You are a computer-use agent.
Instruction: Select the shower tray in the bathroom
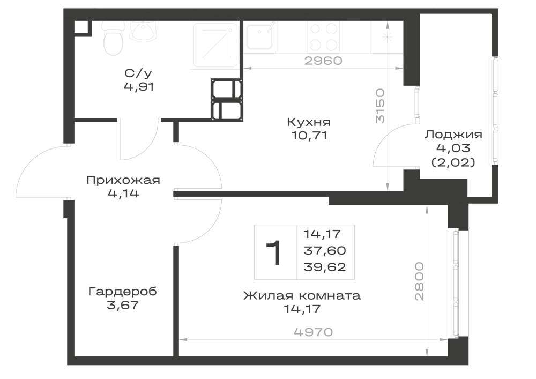[x=215, y=46]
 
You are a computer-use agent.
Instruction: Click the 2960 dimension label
[x=323, y=61]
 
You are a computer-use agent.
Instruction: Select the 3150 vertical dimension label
[x=380, y=106]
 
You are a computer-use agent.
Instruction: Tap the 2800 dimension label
[x=419, y=281]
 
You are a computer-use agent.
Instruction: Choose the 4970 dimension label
[x=313, y=332]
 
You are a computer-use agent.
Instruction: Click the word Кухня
[x=309, y=122]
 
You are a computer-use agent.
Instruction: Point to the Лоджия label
[x=453, y=135]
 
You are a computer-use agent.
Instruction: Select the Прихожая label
[x=123, y=180]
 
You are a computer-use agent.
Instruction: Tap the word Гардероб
[x=123, y=292]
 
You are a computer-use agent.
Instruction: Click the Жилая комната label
[x=302, y=295]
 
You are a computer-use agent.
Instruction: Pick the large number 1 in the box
[x=273, y=252]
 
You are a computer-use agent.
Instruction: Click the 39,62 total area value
[x=325, y=266]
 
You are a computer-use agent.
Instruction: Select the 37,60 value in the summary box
[x=325, y=250]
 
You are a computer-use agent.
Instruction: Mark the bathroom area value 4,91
[x=139, y=86]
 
